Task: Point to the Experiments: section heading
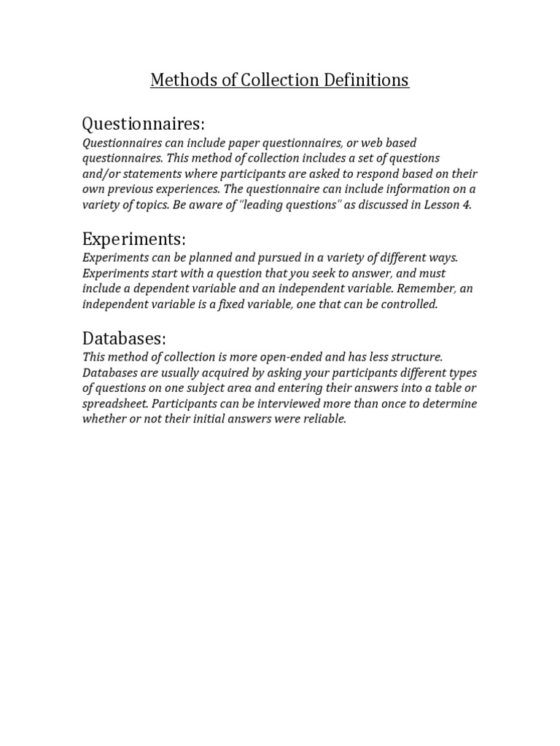(x=134, y=238)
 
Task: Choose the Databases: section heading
(x=125, y=338)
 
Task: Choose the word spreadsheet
(x=115, y=404)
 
